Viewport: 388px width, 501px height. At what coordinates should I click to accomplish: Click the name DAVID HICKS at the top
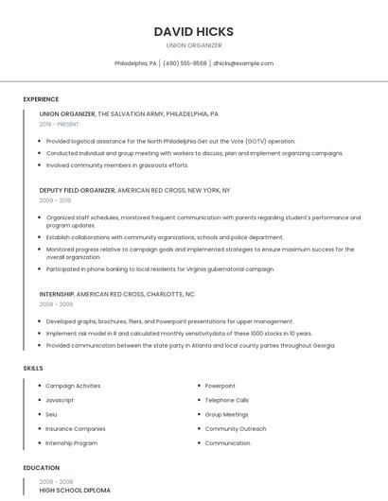point(193,31)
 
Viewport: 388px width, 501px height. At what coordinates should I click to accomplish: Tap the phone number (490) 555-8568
point(185,63)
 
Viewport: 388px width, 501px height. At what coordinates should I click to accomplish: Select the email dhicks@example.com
point(243,63)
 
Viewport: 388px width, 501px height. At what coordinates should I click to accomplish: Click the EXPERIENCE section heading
point(41,99)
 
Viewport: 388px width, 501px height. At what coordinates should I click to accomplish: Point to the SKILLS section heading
point(32,367)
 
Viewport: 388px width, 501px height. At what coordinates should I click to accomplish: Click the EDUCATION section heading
point(41,468)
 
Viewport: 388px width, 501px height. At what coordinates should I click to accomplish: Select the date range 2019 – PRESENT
point(60,124)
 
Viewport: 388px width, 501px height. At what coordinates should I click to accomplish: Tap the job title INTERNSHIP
point(57,294)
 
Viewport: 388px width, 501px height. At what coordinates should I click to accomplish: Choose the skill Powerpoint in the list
point(220,386)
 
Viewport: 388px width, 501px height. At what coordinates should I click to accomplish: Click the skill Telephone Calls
point(227,400)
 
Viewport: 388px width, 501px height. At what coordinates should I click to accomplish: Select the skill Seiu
point(52,414)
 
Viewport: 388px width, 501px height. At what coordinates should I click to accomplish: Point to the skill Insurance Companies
point(76,428)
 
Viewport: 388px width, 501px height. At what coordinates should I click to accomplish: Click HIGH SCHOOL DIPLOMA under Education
point(75,491)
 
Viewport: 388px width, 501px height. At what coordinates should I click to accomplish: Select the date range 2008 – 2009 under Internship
point(56,304)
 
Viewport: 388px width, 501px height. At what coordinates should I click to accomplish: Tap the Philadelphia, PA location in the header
point(135,63)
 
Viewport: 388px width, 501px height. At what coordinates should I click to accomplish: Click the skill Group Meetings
point(227,414)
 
